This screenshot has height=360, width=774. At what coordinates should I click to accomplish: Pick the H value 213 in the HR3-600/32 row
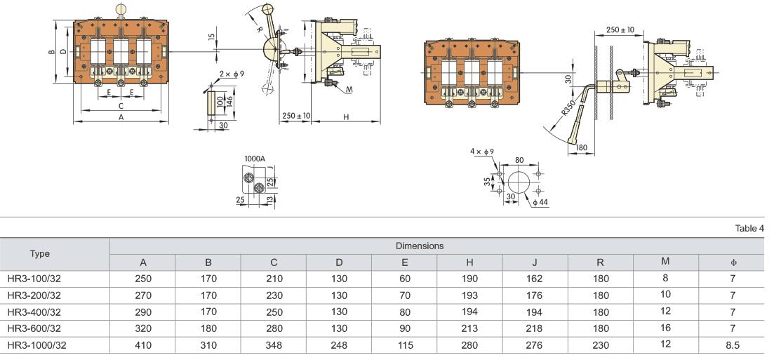click(469, 328)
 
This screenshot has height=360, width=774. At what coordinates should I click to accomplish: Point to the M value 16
click(665, 328)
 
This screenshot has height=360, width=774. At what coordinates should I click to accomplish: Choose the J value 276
click(535, 345)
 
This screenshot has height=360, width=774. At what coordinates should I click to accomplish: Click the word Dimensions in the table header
click(420, 246)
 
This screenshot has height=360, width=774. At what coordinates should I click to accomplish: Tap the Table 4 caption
click(749, 227)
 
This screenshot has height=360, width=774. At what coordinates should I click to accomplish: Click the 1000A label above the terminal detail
click(254, 159)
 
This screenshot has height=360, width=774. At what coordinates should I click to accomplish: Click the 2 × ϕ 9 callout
click(231, 74)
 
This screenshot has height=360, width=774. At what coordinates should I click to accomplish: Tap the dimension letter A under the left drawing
click(121, 118)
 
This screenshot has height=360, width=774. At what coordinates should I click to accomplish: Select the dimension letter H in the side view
click(347, 118)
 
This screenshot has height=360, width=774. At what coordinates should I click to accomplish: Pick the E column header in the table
click(405, 262)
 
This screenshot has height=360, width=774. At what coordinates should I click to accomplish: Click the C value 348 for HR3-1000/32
click(274, 345)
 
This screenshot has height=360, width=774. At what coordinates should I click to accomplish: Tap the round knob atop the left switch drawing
click(121, 8)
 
